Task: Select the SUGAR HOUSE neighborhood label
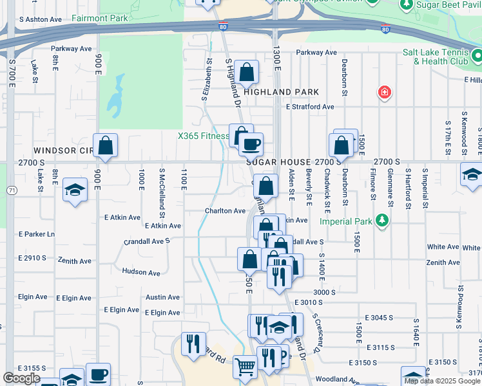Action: click(279, 162)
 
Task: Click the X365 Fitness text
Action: click(204, 136)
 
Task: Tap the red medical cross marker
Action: click(385, 93)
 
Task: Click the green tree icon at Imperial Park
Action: click(383, 221)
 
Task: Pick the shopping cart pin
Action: click(245, 367)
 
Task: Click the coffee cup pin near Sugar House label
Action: click(251, 143)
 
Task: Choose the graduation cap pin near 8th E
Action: click(75, 190)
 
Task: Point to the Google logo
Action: click(21, 378)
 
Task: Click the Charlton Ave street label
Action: click(225, 210)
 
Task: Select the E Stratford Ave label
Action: click(311, 107)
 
